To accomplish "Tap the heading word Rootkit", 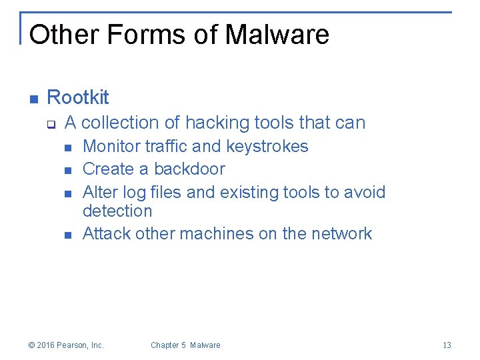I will (x=78, y=97).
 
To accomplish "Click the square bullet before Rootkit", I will (x=33, y=99).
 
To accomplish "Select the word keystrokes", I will (x=267, y=146).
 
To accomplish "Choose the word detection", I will (x=117, y=211).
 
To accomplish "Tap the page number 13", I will (x=447, y=345).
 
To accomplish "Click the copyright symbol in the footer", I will (x=31, y=345).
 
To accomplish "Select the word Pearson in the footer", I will (x=73, y=345).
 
